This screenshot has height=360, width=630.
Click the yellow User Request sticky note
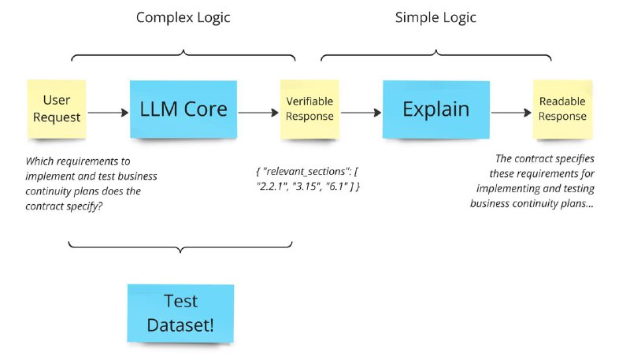pos(57,109)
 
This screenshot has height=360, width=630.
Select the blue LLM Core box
pos(183,109)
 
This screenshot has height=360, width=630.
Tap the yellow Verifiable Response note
pos(309,109)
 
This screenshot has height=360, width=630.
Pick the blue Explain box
pos(436,109)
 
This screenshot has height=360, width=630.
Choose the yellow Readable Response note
pos(562,109)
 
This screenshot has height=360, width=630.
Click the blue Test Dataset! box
pos(180,313)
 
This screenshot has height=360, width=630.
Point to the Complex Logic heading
pos(183,17)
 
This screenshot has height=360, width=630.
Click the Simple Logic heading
pos(436,17)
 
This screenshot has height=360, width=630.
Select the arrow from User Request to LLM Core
pos(108,113)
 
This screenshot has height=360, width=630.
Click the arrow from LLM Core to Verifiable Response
pos(258,113)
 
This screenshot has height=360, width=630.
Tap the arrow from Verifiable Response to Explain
pos(361,113)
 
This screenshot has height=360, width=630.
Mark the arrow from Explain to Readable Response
pos(511,113)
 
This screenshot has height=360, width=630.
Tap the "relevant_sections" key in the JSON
pos(306,172)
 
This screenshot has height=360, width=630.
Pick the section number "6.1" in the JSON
pos(336,187)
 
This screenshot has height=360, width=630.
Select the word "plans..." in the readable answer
pos(580,204)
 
